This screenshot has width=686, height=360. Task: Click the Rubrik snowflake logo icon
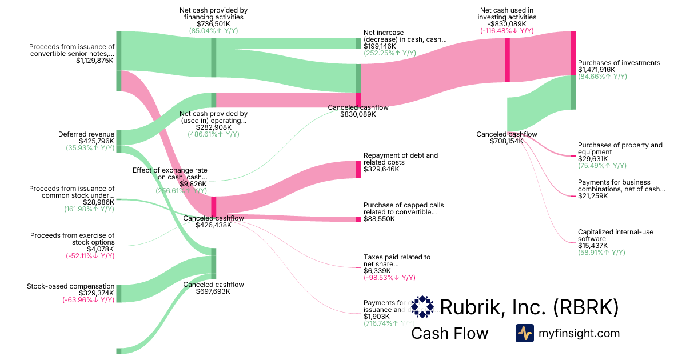click(422, 307)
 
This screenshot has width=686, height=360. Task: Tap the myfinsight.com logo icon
click(524, 333)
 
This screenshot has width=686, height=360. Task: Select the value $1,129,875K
click(95, 61)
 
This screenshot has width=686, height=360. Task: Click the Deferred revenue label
click(86, 134)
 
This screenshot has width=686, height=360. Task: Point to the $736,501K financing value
click(213, 24)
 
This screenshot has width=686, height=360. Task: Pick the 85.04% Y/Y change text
click(213, 31)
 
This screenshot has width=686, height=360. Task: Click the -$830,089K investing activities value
click(507, 24)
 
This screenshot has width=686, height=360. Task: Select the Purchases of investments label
click(619, 63)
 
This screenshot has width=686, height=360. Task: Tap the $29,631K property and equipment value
click(593, 159)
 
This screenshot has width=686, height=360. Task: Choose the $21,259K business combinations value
click(593, 196)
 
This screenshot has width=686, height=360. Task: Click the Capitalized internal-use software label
click(615, 235)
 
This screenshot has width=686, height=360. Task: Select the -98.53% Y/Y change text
click(389, 278)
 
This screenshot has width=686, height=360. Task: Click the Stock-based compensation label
click(71, 286)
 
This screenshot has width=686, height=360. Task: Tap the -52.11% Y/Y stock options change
click(90, 256)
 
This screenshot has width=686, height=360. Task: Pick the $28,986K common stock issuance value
click(98, 202)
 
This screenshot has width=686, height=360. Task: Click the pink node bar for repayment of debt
click(358, 170)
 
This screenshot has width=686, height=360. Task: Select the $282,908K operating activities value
click(213, 127)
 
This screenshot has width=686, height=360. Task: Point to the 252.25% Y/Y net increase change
click(390, 53)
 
